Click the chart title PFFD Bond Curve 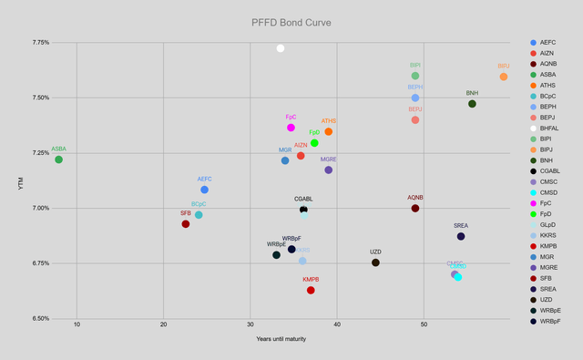[291, 22]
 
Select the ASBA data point [59, 159]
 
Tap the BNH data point [472, 104]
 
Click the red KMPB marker [311, 290]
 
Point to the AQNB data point [415, 208]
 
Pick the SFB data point [186, 224]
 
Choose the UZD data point [375, 262]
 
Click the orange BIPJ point [504, 77]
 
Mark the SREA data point [461, 236]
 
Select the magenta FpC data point [291, 128]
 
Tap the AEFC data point [205, 190]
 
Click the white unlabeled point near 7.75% [281, 48]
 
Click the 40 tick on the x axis [337, 325]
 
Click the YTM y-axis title [21, 182]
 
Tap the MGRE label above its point [329, 159]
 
